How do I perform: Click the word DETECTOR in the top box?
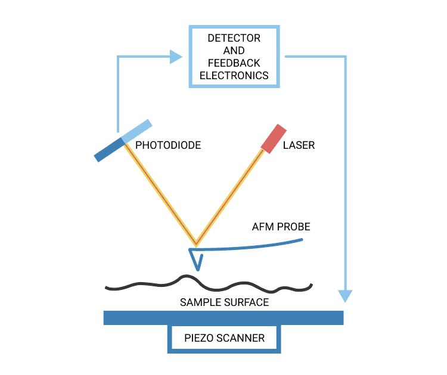click(234, 38)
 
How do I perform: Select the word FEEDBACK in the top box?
click(234, 63)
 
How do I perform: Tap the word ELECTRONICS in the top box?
click(234, 76)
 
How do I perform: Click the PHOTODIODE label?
click(168, 145)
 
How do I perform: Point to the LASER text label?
click(299, 145)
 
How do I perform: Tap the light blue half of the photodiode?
click(138, 132)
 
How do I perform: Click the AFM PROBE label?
click(281, 227)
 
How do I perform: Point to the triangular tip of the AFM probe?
click(196, 259)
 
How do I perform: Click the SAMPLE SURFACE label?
click(224, 302)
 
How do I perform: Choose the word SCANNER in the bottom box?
click(241, 338)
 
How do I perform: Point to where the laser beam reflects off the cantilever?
click(195, 245)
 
